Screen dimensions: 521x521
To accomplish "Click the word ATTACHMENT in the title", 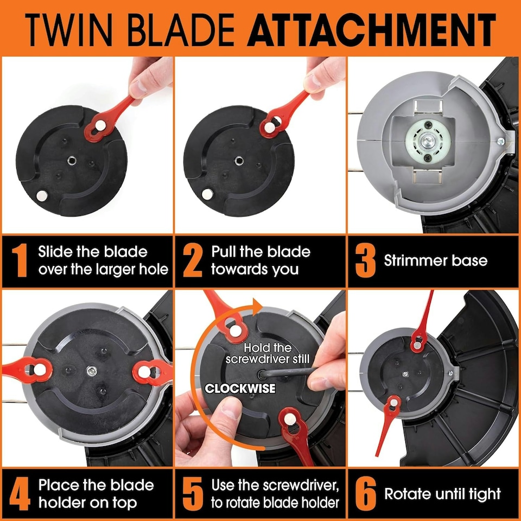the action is point(371,30).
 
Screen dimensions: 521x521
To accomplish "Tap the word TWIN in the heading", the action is point(69,30).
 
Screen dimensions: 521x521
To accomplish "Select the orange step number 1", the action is point(20,260).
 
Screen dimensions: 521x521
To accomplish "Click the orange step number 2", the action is point(192,260).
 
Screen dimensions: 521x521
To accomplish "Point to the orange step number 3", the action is point(365,260).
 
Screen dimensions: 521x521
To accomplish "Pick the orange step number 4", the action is point(20,494).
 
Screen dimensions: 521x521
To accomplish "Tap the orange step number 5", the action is point(193,494).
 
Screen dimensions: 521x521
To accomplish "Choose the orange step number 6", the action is point(365,494).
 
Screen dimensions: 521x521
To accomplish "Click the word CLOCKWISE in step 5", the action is point(240,388).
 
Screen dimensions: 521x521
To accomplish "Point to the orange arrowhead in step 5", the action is point(257,307).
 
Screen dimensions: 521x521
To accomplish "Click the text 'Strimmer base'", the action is point(436,260).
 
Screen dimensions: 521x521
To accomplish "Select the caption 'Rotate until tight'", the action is point(442,494).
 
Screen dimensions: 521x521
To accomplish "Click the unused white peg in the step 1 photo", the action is point(42,195).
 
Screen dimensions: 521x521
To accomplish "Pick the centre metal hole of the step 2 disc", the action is point(239,161).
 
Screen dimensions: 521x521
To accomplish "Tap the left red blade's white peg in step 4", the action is point(39,370).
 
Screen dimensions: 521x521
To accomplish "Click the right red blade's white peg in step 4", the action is point(144,371).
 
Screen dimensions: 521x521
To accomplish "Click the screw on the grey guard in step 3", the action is point(501,142).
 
